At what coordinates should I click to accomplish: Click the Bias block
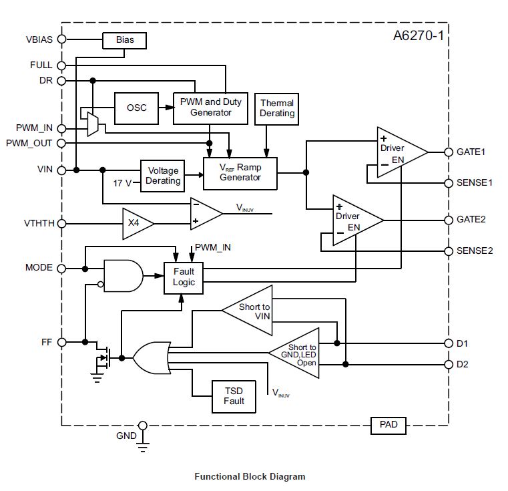pyautogui.click(x=124, y=40)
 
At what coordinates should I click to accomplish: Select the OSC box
pyautogui.click(x=136, y=108)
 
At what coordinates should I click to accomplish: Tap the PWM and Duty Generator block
pyautogui.click(x=210, y=108)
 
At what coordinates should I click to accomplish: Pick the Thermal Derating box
pyautogui.click(x=277, y=109)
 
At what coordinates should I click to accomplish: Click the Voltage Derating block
pyautogui.click(x=163, y=176)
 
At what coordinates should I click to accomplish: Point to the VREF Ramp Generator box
pyautogui.click(x=240, y=172)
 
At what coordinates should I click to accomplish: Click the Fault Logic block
pyautogui.click(x=184, y=277)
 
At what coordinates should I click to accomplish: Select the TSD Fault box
pyautogui.click(x=234, y=396)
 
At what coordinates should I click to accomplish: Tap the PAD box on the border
pyautogui.click(x=388, y=424)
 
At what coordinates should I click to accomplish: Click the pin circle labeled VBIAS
pyautogui.click(x=62, y=39)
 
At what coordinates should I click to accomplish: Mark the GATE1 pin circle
pyautogui.click(x=448, y=152)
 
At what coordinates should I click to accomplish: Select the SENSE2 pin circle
pyautogui.click(x=448, y=251)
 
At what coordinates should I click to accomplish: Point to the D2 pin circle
pyautogui.click(x=448, y=364)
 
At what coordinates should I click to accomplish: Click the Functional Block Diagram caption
pyautogui.click(x=249, y=476)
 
